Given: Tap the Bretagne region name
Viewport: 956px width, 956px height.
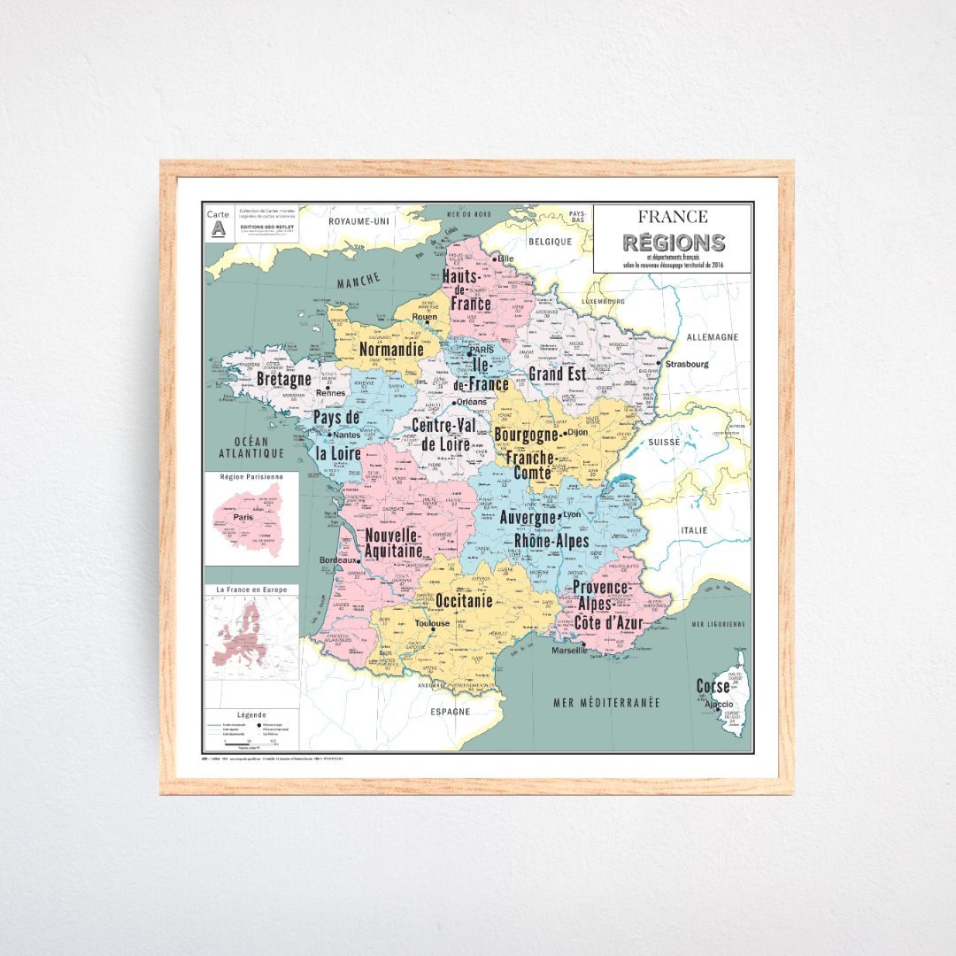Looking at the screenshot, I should (x=284, y=379).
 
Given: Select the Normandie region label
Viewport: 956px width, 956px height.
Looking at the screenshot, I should (x=391, y=350).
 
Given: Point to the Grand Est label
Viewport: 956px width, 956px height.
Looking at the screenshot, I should (x=558, y=374).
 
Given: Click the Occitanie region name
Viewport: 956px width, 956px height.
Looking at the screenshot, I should (x=464, y=600).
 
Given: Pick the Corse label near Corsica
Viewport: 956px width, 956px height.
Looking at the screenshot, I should (x=713, y=686).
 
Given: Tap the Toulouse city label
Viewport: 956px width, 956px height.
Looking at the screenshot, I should (x=433, y=623).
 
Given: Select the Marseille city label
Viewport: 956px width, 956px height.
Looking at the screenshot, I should (x=568, y=651).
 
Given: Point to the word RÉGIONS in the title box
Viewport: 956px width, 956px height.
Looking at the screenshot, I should (x=673, y=243).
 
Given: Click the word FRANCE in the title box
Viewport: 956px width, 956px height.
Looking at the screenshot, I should (x=673, y=217).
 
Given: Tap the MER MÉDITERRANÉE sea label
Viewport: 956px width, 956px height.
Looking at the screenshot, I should (x=606, y=703).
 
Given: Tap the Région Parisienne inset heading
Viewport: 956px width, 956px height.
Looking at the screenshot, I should (x=251, y=476).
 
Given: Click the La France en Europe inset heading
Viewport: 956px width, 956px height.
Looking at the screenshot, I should (x=251, y=589).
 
